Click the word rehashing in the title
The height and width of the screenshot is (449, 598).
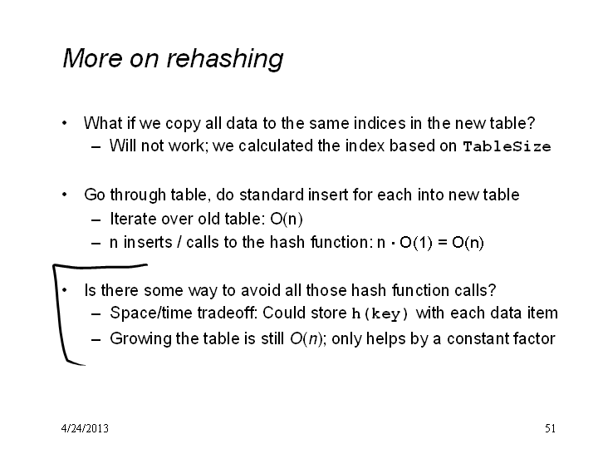(224, 59)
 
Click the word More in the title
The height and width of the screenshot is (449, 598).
(93, 58)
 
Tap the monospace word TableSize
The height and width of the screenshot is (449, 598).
(507, 146)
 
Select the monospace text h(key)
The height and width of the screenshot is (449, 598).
(380, 313)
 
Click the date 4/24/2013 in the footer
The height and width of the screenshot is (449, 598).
(85, 428)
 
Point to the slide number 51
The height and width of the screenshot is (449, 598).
(550, 428)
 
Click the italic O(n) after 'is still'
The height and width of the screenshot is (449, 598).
(306, 338)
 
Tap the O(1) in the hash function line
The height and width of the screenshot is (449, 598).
(416, 243)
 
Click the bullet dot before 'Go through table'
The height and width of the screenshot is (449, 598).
(65, 195)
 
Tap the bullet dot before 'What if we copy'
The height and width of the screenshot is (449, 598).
(65, 123)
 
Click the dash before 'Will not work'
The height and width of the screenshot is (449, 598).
(96, 147)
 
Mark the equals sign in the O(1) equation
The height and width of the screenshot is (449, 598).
(442, 243)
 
